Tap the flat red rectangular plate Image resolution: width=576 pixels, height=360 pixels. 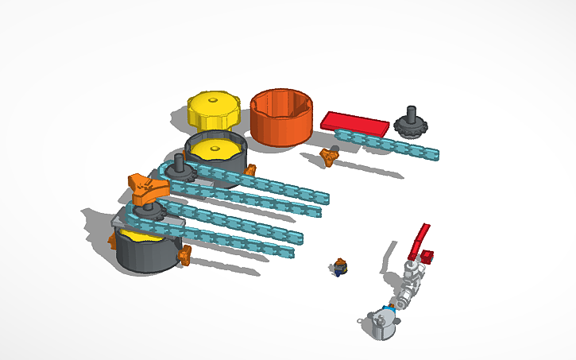[355, 122]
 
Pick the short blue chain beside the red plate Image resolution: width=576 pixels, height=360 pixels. [389, 145]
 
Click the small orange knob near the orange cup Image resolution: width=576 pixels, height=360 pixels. [328, 156]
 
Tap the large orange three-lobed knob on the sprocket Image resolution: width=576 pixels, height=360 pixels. [149, 189]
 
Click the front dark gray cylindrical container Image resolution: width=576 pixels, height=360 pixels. [147, 253]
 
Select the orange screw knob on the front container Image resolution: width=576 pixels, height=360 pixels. [186, 255]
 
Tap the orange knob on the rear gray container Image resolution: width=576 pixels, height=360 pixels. [251, 170]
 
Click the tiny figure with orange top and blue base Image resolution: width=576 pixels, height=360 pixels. [340, 267]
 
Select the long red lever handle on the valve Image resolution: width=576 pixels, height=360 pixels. [419, 238]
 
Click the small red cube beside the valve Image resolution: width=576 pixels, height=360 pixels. [427, 257]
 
